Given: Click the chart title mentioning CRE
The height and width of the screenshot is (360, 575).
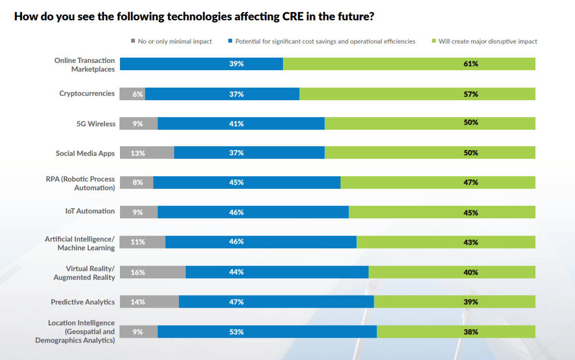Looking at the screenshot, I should pos(194,16).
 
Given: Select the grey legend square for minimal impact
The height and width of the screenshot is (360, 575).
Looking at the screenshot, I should pos(133,41).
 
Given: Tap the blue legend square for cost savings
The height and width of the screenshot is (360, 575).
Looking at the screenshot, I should pos(230,41).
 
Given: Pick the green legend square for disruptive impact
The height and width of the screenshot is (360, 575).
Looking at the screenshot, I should pos(434,41).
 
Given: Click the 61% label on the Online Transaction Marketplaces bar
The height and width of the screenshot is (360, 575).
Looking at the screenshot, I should pos(471,64).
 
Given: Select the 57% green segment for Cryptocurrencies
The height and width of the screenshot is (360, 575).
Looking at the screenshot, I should pos(417,94).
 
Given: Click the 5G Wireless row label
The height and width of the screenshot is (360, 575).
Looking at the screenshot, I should pos(96,123).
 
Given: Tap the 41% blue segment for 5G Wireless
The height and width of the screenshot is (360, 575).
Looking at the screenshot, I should pos(241,123).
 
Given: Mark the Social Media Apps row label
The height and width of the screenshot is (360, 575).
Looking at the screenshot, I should pos(85,153).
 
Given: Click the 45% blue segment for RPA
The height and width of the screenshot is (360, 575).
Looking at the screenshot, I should pos(247,182).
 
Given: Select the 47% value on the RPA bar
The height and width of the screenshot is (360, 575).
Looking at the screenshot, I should pos(471,182).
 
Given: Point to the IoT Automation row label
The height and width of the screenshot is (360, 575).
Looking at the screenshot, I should pos(90,211).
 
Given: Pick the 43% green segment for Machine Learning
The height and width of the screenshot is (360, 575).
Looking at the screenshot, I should pos(445,242).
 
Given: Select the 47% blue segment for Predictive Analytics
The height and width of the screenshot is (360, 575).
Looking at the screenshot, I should pos(276,302).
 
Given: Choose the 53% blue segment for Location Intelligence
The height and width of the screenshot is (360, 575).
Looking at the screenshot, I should pos(267,332).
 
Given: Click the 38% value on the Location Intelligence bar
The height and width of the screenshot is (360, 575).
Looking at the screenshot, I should pos(471,332).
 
